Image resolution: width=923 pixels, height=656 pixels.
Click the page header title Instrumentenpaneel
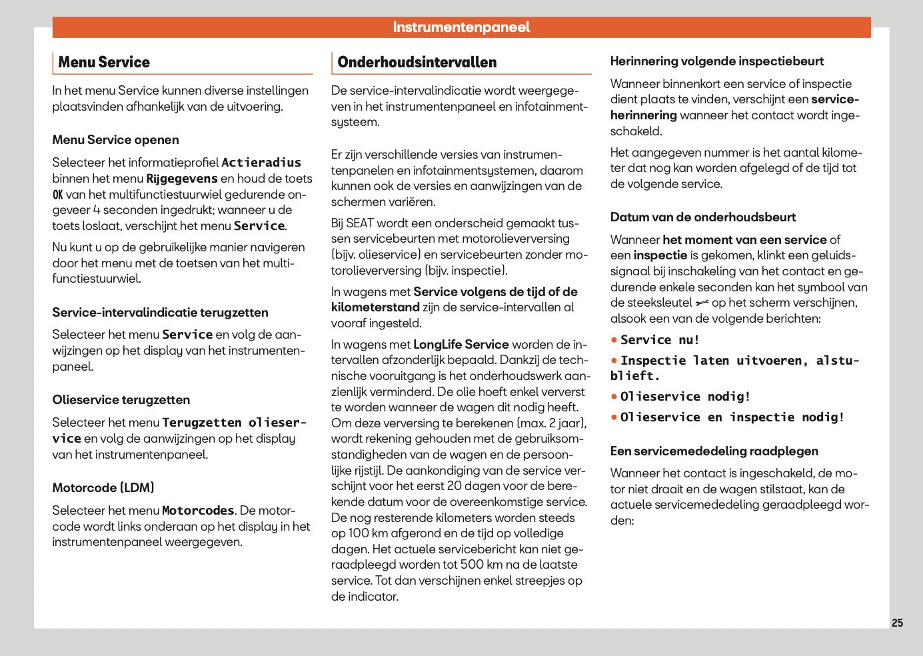pyautogui.click(x=461, y=27)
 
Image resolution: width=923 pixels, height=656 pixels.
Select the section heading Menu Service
pyautogui.click(x=104, y=62)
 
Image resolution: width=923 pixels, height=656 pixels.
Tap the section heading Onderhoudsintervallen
pyautogui.click(x=417, y=62)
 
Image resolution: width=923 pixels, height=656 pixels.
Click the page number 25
pyautogui.click(x=897, y=623)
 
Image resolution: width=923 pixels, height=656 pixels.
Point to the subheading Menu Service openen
pyautogui.click(x=115, y=140)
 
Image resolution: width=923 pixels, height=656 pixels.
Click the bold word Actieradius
pyautogui.click(x=261, y=163)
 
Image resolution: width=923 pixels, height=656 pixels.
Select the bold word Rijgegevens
pyautogui.click(x=182, y=179)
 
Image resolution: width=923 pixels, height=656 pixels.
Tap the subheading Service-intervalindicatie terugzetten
pyautogui.click(x=160, y=313)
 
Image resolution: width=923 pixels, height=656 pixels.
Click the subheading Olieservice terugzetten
pyautogui.click(x=121, y=400)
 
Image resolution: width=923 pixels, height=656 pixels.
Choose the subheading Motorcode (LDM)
pyautogui.click(x=103, y=488)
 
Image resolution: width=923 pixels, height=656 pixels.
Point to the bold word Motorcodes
pyautogui.click(x=198, y=511)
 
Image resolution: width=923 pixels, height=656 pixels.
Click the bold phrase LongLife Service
pyautogui.click(x=461, y=345)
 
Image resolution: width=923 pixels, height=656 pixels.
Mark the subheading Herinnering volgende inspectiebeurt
pyautogui.click(x=716, y=61)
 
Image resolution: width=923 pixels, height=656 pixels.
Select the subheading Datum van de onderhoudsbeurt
pyautogui.click(x=702, y=217)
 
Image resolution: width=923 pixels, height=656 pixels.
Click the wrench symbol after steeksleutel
pyautogui.click(x=702, y=303)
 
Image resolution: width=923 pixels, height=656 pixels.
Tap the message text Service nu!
pyautogui.click(x=660, y=340)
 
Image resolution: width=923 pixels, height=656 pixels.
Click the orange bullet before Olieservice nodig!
pyautogui.click(x=614, y=397)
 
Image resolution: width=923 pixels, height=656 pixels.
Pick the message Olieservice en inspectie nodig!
pyautogui.click(x=732, y=417)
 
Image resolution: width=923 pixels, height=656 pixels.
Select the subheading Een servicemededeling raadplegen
pyautogui.click(x=714, y=451)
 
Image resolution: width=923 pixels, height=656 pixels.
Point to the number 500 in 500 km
pyautogui.click(x=472, y=565)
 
